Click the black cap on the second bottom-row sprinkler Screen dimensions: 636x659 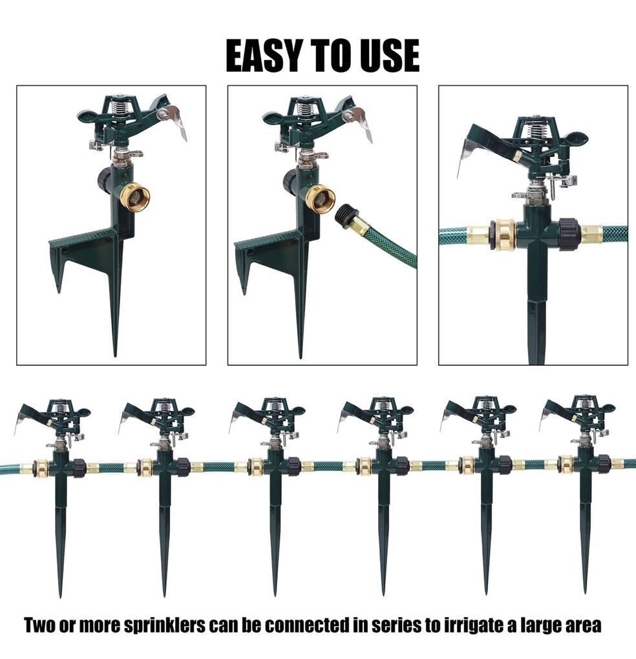[184, 466]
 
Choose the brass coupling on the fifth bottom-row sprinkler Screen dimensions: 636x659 [467, 465]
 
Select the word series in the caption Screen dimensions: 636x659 [394, 625]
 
